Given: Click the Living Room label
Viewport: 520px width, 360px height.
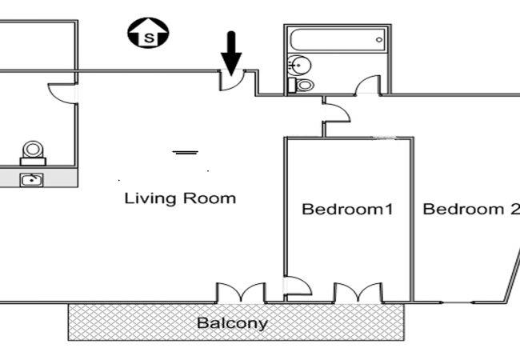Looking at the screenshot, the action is coord(180,198).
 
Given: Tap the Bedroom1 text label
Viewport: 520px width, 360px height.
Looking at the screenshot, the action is coord(347,209).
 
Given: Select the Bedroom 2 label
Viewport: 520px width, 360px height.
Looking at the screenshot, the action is coord(471,209).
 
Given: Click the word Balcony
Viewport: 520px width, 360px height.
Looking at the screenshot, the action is coord(232,323).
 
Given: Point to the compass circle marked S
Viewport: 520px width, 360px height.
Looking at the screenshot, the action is coord(148,33).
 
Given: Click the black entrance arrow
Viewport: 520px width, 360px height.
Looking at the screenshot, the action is coord(231,53).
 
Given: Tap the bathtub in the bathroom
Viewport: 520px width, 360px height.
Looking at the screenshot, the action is coord(338,40).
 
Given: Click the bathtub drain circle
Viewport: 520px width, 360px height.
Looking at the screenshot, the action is coord(379,40).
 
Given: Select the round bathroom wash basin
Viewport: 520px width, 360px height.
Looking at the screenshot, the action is coord(299,66).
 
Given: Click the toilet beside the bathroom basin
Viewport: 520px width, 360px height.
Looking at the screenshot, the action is coord(302,85).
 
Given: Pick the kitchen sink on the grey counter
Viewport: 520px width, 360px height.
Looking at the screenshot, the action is coord(31,180).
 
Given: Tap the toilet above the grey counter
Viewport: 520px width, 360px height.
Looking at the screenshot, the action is coord(33,153).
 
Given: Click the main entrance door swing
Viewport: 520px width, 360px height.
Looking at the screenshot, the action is coord(232,81).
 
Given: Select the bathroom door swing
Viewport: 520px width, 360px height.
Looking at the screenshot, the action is coord(367,85).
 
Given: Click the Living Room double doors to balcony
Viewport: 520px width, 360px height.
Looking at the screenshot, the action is coord(241,293).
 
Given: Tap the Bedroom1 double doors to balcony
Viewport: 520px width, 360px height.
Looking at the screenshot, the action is coord(358,293).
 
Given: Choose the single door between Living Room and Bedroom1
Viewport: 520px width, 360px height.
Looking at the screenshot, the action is coord(298,286).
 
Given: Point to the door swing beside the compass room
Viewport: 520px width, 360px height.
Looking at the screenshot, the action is coord(62,94).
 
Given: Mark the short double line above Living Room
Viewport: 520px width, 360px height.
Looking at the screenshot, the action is coord(186,153).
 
